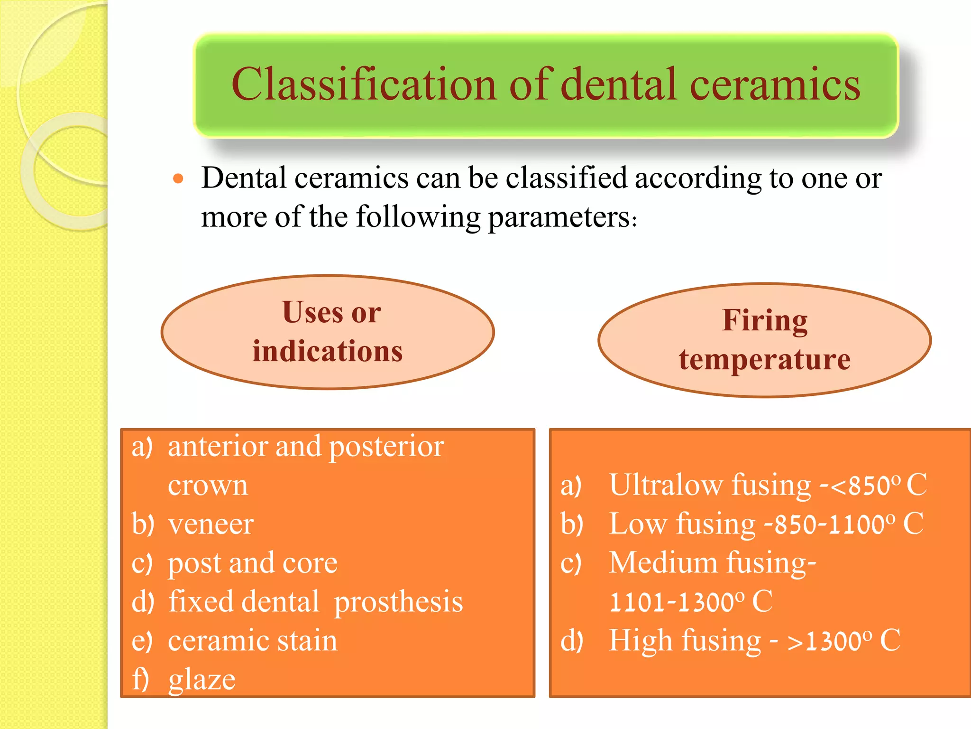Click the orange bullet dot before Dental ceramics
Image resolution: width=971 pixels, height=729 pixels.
pyautogui.click(x=178, y=179)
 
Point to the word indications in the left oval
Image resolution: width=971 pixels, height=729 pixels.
pyautogui.click(x=327, y=351)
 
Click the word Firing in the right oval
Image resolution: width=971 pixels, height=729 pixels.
pyautogui.click(x=765, y=320)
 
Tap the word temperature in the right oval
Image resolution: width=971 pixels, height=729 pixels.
pyautogui.click(x=764, y=359)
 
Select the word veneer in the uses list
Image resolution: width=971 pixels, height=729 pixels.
pyautogui.click(x=211, y=524)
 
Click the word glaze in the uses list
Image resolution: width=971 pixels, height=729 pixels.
pyautogui.click(x=202, y=679)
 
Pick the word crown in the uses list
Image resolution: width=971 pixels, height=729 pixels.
pyautogui.click(x=208, y=485)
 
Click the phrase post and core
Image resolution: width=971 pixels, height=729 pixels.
pyautogui.click(x=253, y=563)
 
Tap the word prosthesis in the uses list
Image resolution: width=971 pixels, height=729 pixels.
pyautogui.click(x=398, y=602)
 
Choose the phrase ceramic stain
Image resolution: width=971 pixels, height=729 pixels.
pyautogui.click(x=253, y=641)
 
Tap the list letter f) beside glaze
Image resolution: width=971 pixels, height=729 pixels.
pyautogui.click(x=141, y=679)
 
